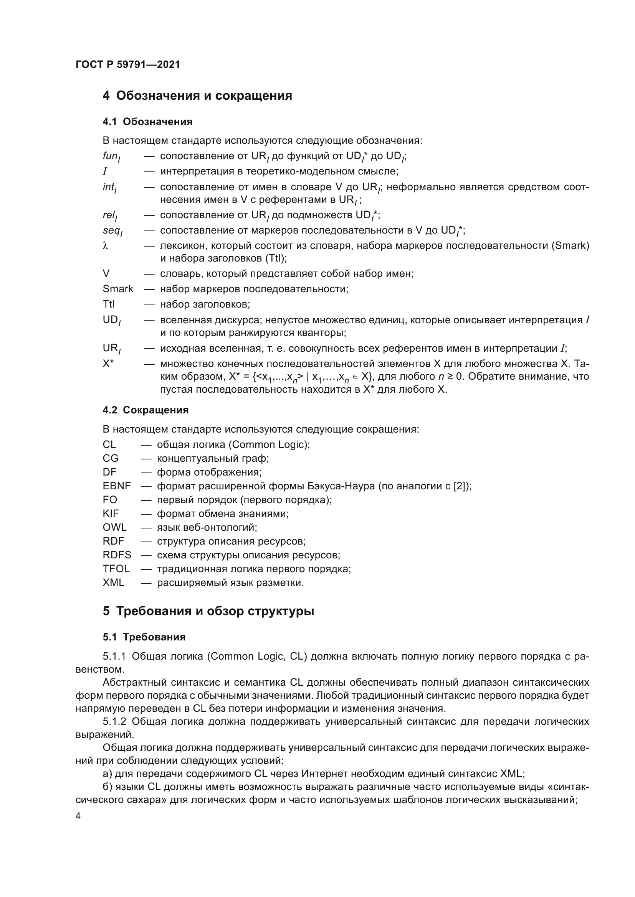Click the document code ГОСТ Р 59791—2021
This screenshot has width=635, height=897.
coord(128,65)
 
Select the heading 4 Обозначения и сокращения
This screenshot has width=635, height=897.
coord(197,96)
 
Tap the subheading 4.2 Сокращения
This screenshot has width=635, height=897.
coord(146,410)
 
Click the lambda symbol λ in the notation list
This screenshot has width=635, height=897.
coord(105,246)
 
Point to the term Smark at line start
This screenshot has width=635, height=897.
coord(118,289)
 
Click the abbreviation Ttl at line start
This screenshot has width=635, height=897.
coord(108,304)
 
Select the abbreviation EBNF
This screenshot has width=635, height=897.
coord(117,486)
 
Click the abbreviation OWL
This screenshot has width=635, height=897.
coord(114,527)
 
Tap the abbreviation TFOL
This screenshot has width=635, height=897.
coord(116,569)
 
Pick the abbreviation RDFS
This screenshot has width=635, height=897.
coord(117,555)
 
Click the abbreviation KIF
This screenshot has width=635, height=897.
coord(111,514)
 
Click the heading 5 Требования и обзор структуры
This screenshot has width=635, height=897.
coord(208,611)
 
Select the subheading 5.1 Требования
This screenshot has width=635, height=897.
coord(144,637)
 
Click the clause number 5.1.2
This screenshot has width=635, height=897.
coord(114,722)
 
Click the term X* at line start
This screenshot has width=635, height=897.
coord(108,364)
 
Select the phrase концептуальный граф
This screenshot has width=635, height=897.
coord(213,458)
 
